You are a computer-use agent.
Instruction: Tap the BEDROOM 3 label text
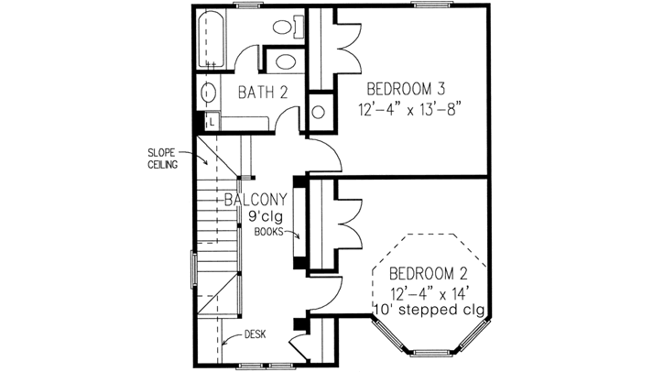[406, 89]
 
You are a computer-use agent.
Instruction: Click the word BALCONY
[256, 200]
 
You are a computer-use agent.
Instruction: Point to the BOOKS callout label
[268, 233]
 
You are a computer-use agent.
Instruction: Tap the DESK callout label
[255, 335]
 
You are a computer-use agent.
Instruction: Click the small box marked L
[212, 120]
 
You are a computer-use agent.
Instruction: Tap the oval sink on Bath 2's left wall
[208, 93]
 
